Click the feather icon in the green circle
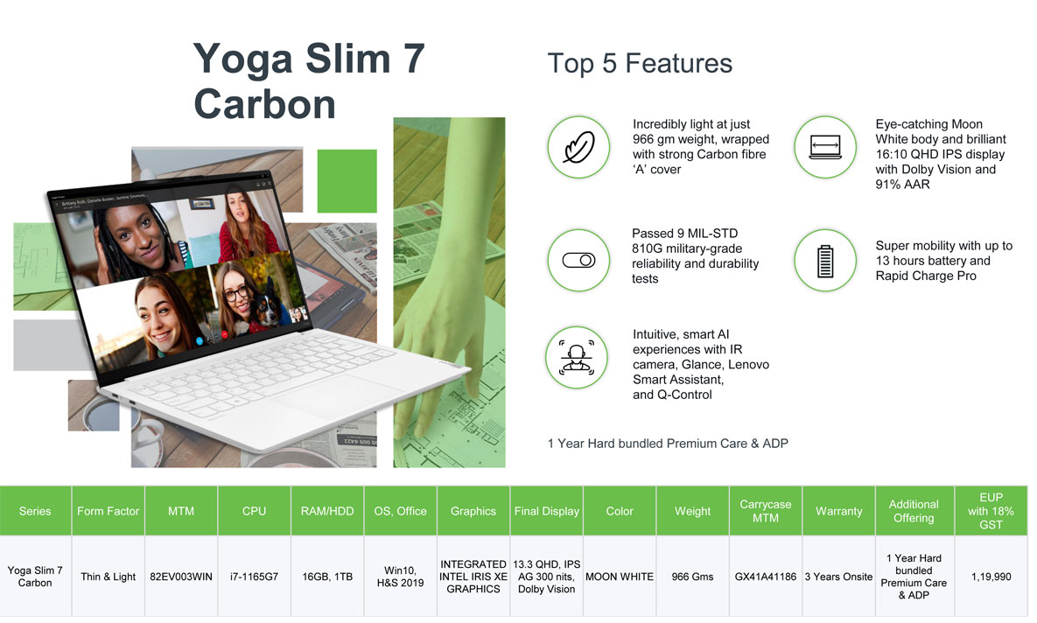(x=578, y=147)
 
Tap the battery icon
(x=824, y=261)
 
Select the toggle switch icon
(x=578, y=261)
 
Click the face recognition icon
(x=577, y=357)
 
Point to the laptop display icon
(x=825, y=147)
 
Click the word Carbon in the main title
(x=264, y=104)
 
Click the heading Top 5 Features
(x=640, y=64)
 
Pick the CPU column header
(x=254, y=511)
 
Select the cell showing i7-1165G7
(x=254, y=577)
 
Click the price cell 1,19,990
(x=991, y=577)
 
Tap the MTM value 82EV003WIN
(x=180, y=577)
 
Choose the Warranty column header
(x=838, y=511)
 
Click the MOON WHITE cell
(x=619, y=577)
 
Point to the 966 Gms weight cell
(x=692, y=577)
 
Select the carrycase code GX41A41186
(x=765, y=577)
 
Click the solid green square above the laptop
(x=347, y=180)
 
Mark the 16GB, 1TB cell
(x=327, y=577)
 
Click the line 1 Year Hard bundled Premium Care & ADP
(x=668, y=443)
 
